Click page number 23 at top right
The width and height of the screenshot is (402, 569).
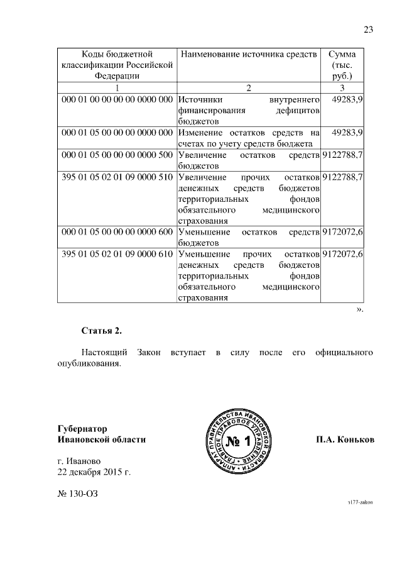(368, 29)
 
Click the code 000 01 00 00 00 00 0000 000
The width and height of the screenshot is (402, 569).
(117, 99)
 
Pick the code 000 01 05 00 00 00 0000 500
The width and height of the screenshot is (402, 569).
(117, 155)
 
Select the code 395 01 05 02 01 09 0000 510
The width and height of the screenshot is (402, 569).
(117, 177)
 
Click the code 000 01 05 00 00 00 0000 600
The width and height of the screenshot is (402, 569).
(117, 232)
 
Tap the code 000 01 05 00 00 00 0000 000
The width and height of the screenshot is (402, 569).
(117, 133)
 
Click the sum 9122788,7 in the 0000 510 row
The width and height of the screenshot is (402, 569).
(342, 177)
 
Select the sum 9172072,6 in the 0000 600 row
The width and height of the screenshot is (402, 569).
(342, 232)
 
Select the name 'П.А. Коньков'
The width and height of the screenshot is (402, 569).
(345, 440)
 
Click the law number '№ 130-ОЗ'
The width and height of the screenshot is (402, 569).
(77, 494)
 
